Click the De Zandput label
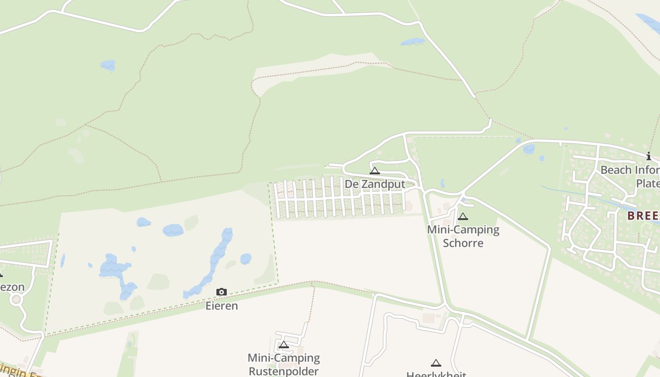pos(375,184)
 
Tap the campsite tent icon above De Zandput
pos(375,171)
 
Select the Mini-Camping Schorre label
pos(463,236)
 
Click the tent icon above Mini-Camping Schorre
pos(463,216)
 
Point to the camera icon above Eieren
pos(222,292)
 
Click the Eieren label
pos(222,306)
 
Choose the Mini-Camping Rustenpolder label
pos(284,364)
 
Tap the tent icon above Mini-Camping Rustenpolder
pos(283,344)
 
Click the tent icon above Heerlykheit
pos(436,363)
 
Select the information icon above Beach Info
pos(649,156)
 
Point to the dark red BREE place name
pos(643,216)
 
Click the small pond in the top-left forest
pos(108,65)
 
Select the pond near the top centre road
pos(412,42)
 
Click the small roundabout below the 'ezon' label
pos(16,299)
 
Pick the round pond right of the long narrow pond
pos(246,259)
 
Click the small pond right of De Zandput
pos(443,183)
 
